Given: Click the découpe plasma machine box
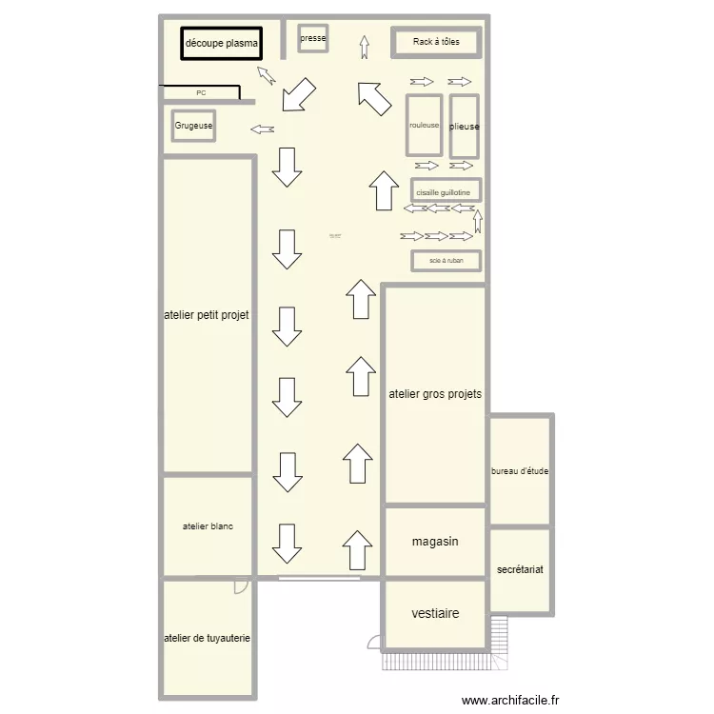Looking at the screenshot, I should [221, 44].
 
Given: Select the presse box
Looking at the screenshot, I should [313, 39].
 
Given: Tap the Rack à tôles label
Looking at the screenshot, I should [436, 42].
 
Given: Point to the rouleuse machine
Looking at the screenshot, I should [425, 126].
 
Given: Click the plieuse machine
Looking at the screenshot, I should [465, 126].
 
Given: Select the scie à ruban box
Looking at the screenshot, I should [446, 260].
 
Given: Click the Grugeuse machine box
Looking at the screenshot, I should [193, 126].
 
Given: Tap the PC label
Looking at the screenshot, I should [201, 93].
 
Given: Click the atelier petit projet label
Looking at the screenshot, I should [207, 315].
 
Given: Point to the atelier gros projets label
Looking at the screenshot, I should [435, 393].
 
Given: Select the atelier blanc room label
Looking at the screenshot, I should [208, 526].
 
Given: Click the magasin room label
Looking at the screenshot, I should [435, 542].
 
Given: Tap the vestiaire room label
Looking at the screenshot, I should [435, 614].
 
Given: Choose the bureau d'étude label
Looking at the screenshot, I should [520, 471].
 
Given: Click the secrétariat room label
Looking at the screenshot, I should [520, 569].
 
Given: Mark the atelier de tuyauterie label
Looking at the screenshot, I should [208, 639].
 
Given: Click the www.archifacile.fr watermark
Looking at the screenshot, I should [511, 701].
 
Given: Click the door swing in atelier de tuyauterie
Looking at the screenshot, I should [242, 586].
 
